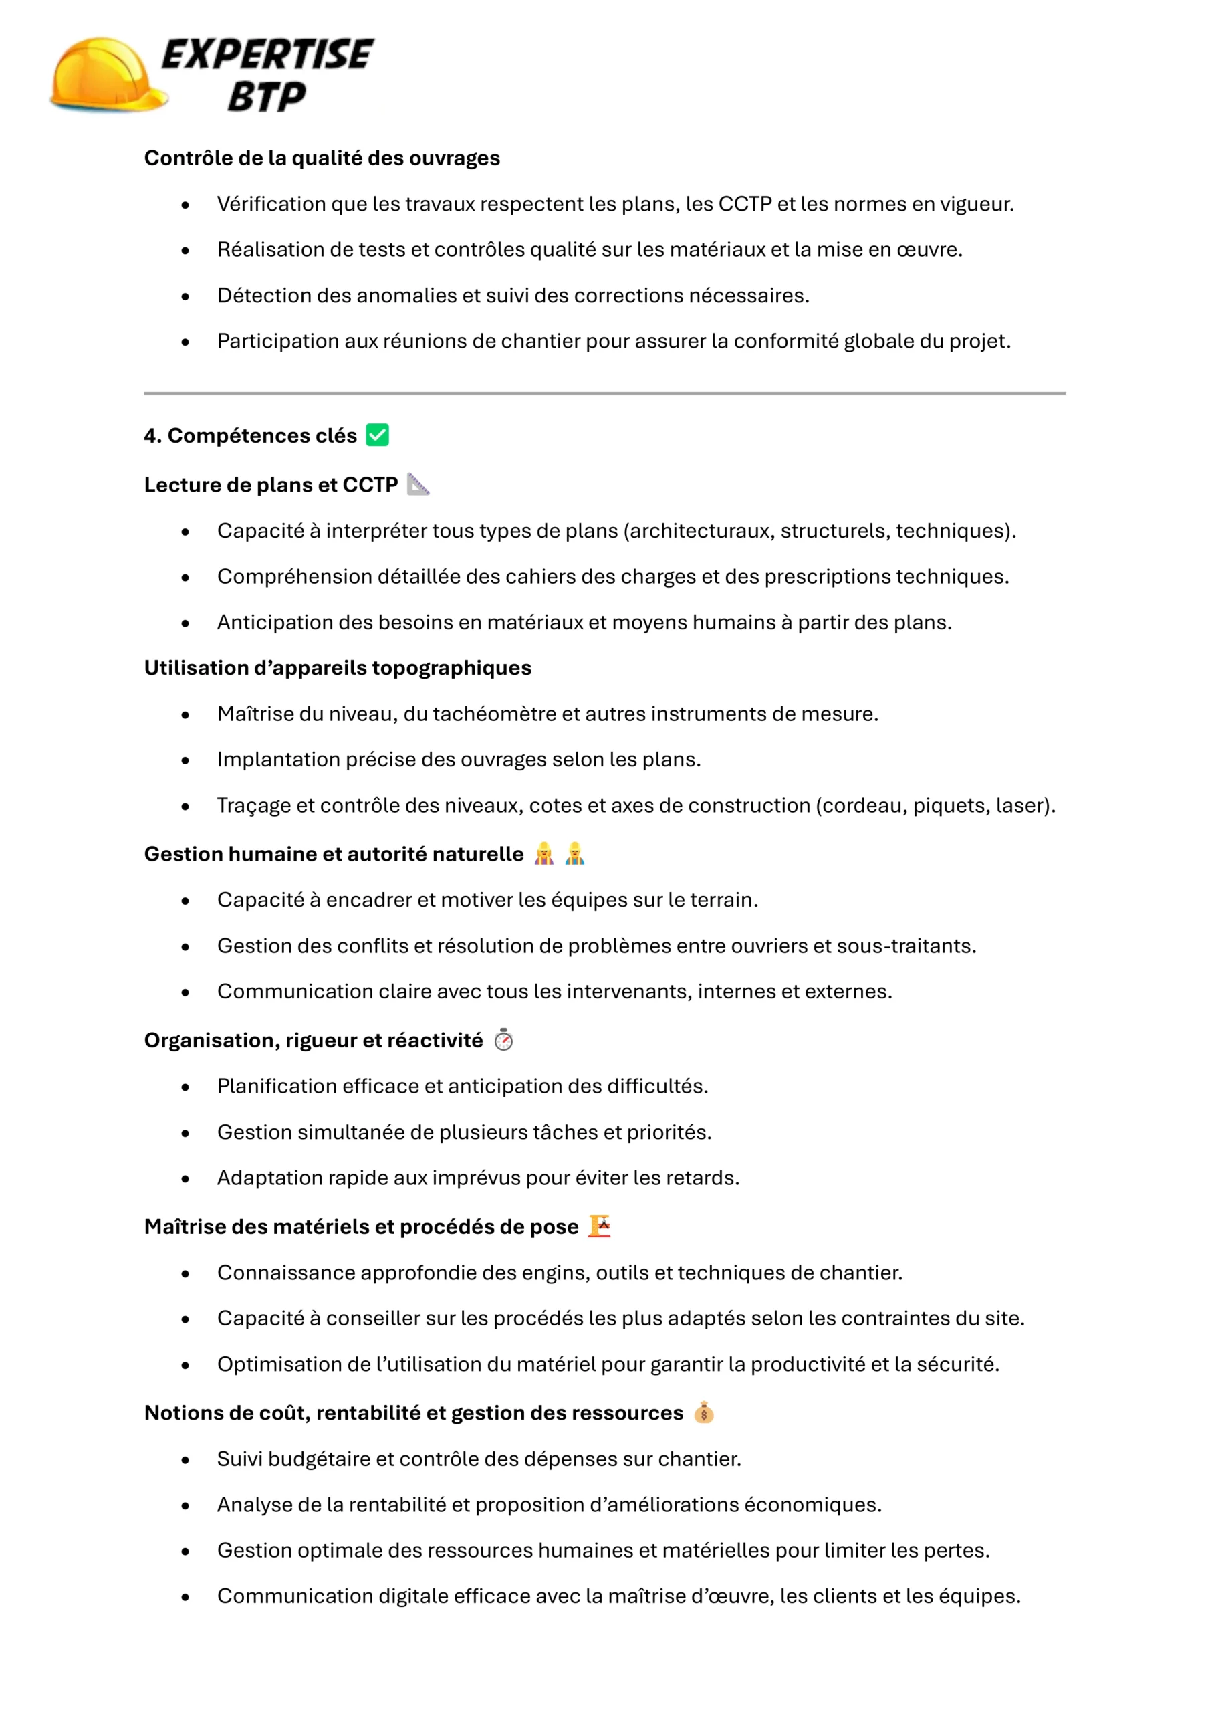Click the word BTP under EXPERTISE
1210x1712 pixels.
[266, 97]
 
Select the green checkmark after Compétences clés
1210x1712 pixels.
[377, 435]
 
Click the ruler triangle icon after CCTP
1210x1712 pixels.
[418, 485]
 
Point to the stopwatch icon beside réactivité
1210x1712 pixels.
[503, 1039]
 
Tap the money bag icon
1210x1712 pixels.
[703, 1412]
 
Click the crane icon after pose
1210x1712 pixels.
[599, 1226]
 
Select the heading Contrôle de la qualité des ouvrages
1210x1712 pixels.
[322, 158]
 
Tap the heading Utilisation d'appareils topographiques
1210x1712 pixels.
[337, 667]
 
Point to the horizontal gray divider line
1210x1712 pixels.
[604, 393]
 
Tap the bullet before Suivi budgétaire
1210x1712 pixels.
[185, 1460]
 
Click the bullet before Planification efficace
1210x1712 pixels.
[185, 1087]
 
